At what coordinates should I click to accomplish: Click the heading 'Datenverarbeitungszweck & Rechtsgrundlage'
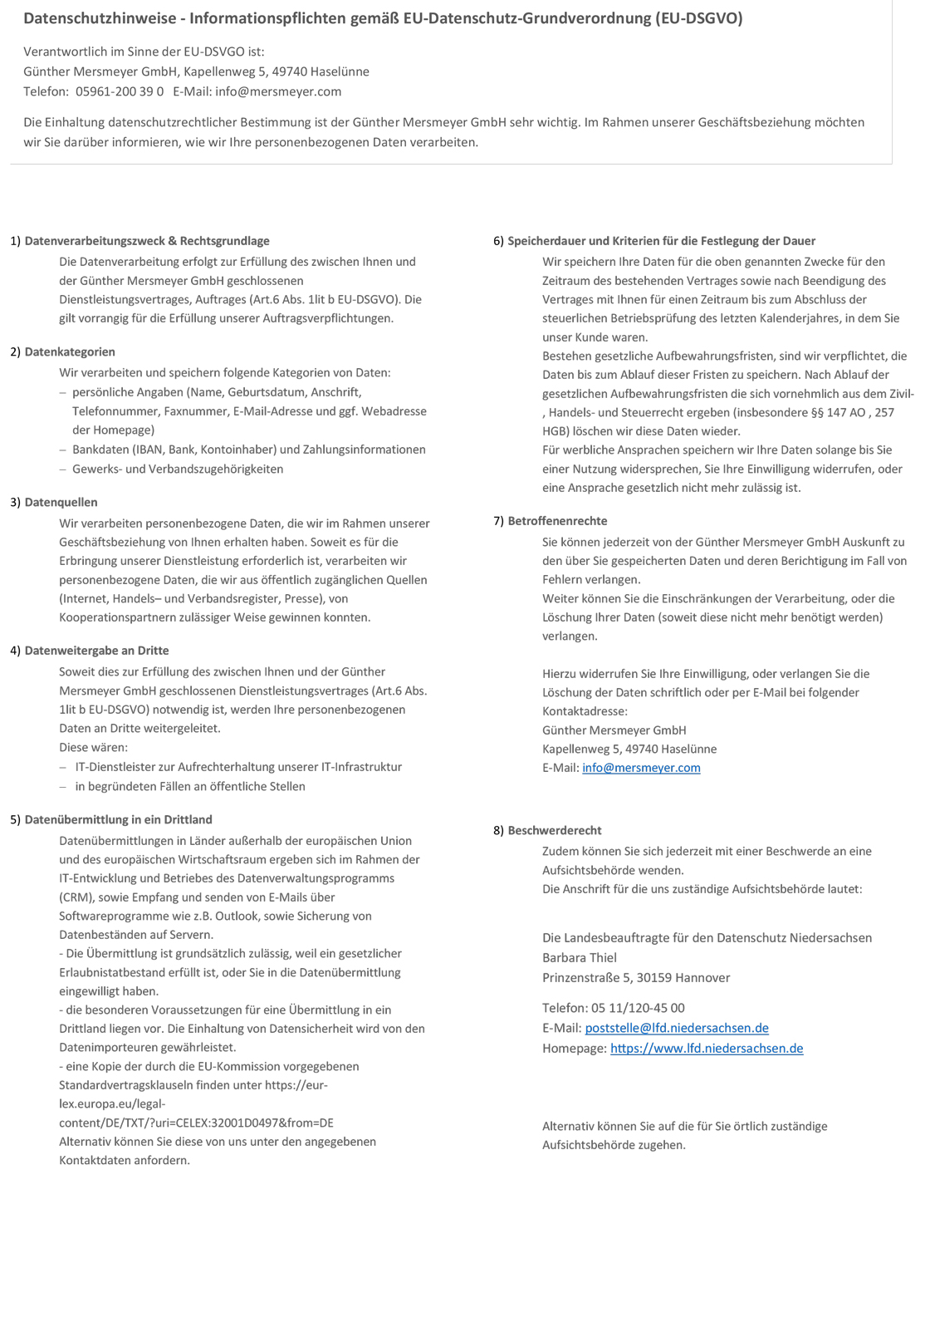(x=147, y=241)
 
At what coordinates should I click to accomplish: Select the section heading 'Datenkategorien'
(x=70, y=352)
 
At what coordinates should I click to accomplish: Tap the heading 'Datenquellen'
(x=61, y=503)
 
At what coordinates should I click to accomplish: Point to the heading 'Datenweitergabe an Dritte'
(x=96, y=651)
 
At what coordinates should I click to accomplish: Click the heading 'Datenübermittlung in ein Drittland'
(x=118, y=820)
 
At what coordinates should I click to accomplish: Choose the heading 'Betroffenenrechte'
(x=557, y=521)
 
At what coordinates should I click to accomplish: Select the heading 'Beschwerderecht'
(x=555, y=831)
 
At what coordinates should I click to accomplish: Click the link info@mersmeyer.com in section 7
(x=641, y=769)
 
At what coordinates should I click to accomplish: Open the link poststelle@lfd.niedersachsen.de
(x=677, y=1029)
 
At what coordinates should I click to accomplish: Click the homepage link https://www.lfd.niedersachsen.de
(x=707, y=1049)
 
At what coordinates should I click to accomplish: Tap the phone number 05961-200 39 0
(x=120, y=91)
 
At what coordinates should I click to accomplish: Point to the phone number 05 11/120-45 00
(x=638, y=1008)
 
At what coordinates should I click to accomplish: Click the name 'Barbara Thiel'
(x=580, y=958)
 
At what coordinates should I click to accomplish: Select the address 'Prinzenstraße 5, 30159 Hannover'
(x=636, y=978)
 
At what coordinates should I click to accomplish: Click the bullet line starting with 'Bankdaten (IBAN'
(x=249, y=450)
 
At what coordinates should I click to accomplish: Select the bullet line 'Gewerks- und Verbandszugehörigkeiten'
(x=178, y=469)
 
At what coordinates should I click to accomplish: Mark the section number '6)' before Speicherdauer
(x=498, y=241)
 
